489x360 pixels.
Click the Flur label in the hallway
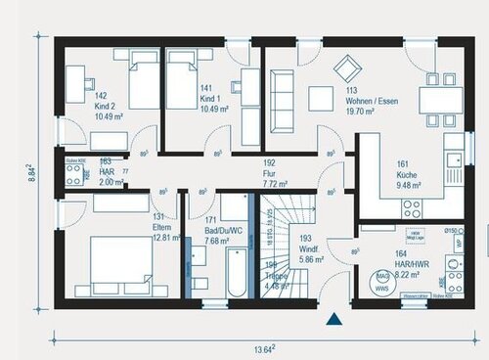[x=272, y=174]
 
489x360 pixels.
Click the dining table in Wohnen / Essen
[x=436, y=100]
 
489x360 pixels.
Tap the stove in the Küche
[x=411, y=209]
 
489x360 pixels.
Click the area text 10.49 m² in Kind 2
[x=80, y=116]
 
